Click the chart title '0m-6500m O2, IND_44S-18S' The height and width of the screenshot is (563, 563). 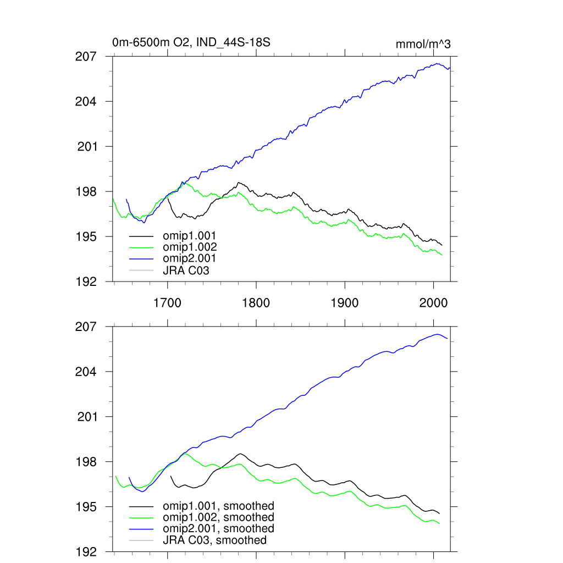(191, 42)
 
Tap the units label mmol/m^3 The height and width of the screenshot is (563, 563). (423, 45)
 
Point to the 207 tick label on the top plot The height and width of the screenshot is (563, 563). (86, 56)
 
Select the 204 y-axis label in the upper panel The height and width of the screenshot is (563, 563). (86, 102)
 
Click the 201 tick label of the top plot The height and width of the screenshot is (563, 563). (86, 147)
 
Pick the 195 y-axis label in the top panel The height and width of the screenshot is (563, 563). (86, 236)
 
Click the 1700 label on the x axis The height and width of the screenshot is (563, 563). (167, 302)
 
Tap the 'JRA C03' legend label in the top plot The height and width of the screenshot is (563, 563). (186, 270)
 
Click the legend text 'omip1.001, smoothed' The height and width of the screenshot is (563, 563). (218, 506)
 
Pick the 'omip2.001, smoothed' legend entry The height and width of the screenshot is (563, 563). (218, 528)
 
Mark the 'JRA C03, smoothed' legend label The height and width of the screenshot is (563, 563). (214, 540)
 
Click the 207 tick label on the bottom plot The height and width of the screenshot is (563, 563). (86, 327)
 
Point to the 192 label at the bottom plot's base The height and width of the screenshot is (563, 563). (86, 551)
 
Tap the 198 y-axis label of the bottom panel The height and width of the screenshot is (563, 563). (86, 462)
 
